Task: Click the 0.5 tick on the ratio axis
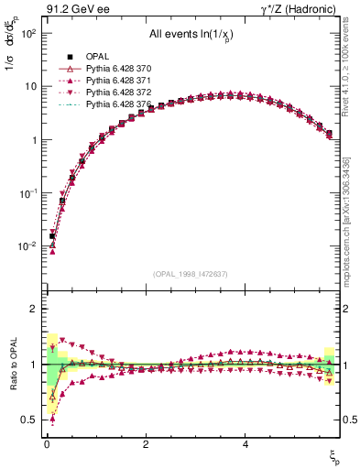tap(30, 420)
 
